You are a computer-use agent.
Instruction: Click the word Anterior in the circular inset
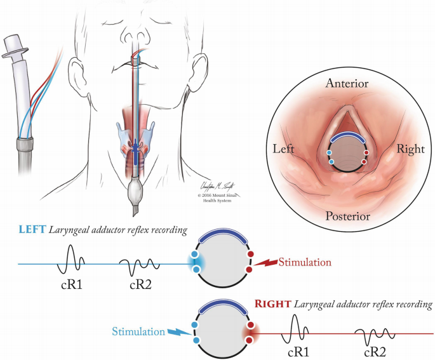346,83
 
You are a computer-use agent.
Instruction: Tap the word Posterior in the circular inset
347,217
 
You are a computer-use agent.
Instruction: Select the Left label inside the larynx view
284,150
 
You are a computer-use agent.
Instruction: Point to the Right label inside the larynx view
410,149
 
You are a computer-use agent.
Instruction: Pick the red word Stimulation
305,262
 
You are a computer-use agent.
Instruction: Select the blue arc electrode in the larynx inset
347,137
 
